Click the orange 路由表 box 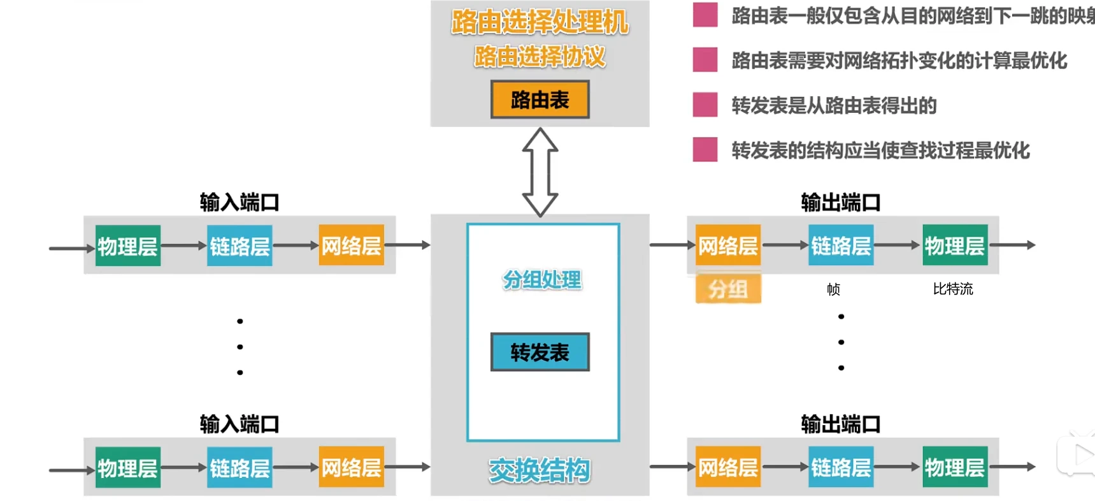540,99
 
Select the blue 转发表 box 540,352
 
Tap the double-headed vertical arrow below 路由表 540,172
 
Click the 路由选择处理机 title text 540,22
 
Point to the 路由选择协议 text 540,57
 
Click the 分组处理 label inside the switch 542,280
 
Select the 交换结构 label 540,470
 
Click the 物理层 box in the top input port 127,246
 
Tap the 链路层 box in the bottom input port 240,468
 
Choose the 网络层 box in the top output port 727,245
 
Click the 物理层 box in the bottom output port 954,467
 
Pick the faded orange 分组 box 728,289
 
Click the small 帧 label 833,289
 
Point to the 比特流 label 952,289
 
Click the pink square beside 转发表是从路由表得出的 705,105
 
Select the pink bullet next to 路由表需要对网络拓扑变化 705,60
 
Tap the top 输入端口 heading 240,203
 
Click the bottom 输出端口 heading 840,424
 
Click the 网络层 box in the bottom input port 351,468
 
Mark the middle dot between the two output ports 841,342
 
